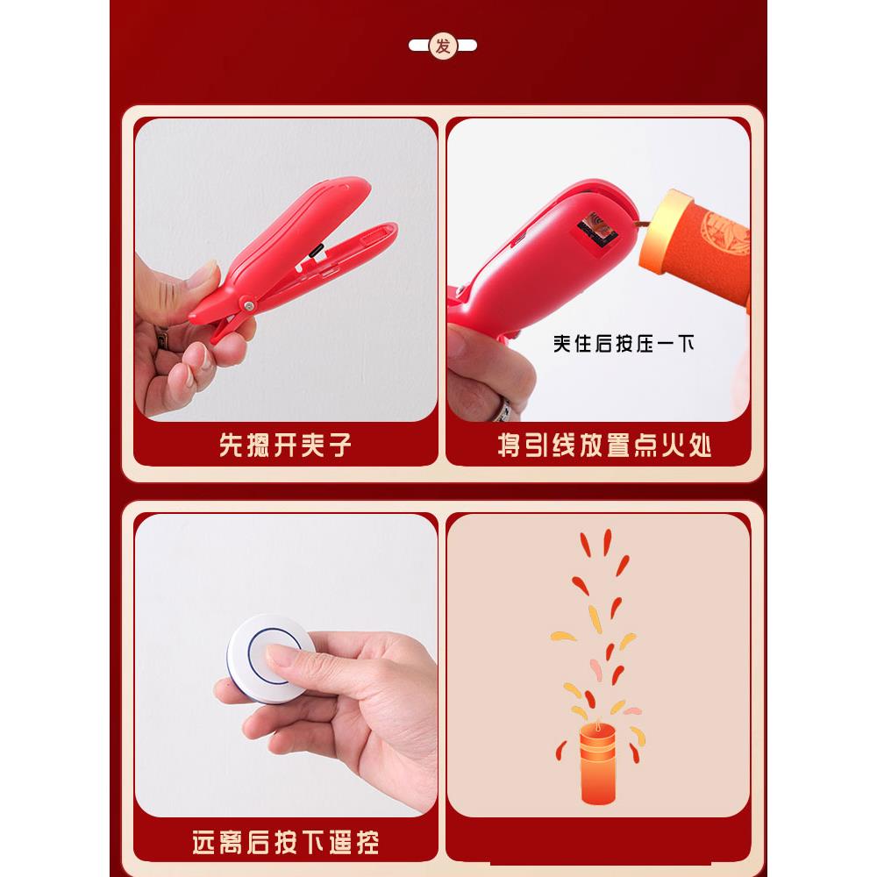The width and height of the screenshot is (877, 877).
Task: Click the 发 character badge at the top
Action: [x=443, y=46]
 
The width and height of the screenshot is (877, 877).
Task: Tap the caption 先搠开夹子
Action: [x=285, y=445]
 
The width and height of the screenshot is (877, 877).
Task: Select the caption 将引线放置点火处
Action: [x=604, y=445]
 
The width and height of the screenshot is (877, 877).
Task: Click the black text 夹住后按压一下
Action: [x=624, y=343]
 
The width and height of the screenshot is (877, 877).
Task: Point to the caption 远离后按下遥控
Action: [x=285, y=843]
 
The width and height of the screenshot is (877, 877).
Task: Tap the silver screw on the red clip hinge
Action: [x=250, y=303]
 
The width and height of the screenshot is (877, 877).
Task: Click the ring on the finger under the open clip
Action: [x=161, y=339]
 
